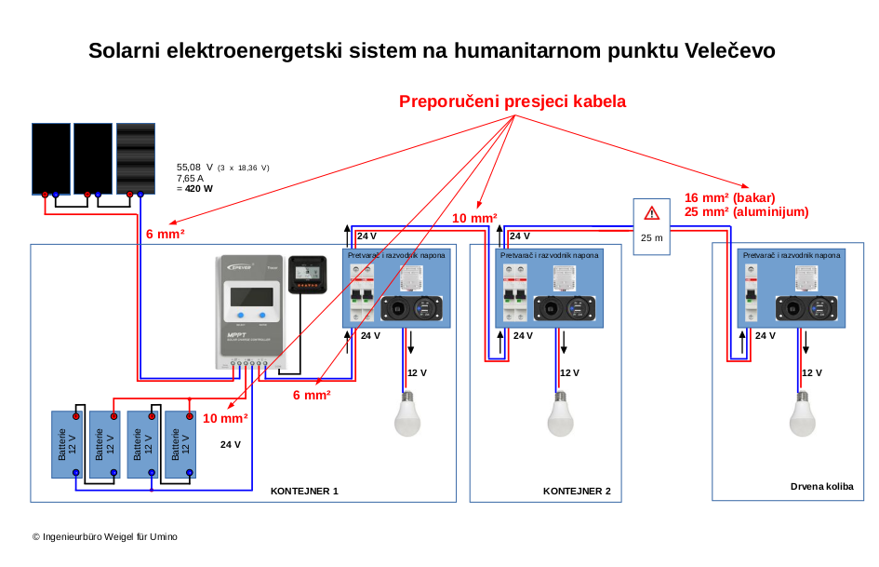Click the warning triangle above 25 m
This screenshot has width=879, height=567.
coord(652,212)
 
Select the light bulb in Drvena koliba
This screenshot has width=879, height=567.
coord(803,414)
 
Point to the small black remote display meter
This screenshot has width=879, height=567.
coord(307,274)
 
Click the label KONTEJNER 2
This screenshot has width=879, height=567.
coord(577,491)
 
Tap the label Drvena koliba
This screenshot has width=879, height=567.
coord(821,486)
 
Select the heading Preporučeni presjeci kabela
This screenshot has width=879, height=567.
coord(513,101)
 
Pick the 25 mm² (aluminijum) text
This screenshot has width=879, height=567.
coord(746,212)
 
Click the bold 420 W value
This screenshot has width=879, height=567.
coord(198,188)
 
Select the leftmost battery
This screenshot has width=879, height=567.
coord(67,444)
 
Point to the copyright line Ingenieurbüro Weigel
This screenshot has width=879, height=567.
coord(104,537)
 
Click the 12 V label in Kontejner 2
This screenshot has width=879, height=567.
coord(569,372)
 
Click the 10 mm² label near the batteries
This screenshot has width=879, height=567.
coord(226,418)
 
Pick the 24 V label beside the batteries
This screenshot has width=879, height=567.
coord(231,445)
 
